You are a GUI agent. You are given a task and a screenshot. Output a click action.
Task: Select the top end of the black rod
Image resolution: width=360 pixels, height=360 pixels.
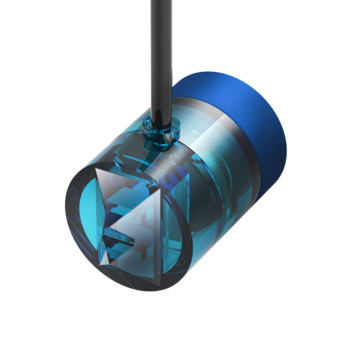click(x=159, y=4)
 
